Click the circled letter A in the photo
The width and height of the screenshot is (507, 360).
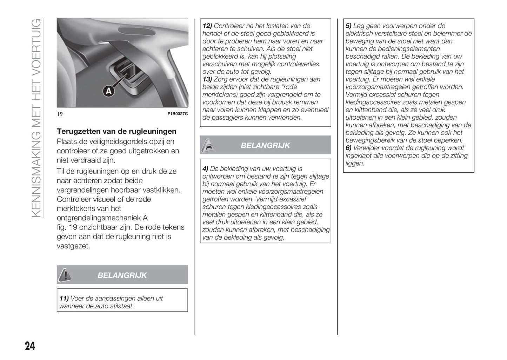tap(109, 91)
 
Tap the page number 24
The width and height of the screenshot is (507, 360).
tap(30, 346)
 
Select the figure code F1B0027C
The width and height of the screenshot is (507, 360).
tap(178, 114)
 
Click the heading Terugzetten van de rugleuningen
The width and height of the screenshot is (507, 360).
tap(116, 132)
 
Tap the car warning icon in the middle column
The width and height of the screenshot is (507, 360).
tap(208, 145)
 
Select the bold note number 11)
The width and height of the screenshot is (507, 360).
tap(64, 299)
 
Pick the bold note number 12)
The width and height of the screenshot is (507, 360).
tap(207, 26)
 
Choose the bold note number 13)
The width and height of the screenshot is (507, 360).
tap(207, 79)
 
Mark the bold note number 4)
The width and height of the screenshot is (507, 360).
tap(206, 169)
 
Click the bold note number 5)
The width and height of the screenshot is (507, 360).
tap(348, 26)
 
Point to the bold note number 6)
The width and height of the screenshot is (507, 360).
tap(348, 148)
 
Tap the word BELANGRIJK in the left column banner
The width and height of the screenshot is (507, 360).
tap(122, 275)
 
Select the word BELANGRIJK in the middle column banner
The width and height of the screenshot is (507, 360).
tap(265, 145)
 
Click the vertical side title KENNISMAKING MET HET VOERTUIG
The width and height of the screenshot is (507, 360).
tap(37, 118)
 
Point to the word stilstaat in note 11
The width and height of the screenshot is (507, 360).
tap(121, 306)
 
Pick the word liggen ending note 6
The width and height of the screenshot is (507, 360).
tap(355, 164)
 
